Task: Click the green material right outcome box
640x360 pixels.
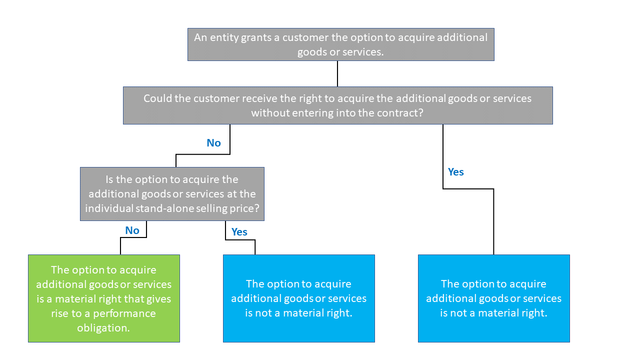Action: [103, 298]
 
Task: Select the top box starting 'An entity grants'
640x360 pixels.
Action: [340, 44]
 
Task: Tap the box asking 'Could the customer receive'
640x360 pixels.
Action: [337, 105]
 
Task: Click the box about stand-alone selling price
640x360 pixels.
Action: [172, 194]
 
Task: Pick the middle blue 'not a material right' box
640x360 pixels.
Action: [298, 298]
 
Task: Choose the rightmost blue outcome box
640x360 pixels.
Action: [493, 298]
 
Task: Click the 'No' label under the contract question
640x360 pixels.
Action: [213, 143]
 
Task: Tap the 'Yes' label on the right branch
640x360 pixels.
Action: [455, 172]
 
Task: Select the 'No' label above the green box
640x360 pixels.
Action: [132, 230]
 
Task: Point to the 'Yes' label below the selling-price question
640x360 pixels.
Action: [239, 232]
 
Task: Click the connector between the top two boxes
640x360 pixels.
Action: [338, 73]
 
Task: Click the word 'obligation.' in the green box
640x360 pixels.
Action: [103, 328]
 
